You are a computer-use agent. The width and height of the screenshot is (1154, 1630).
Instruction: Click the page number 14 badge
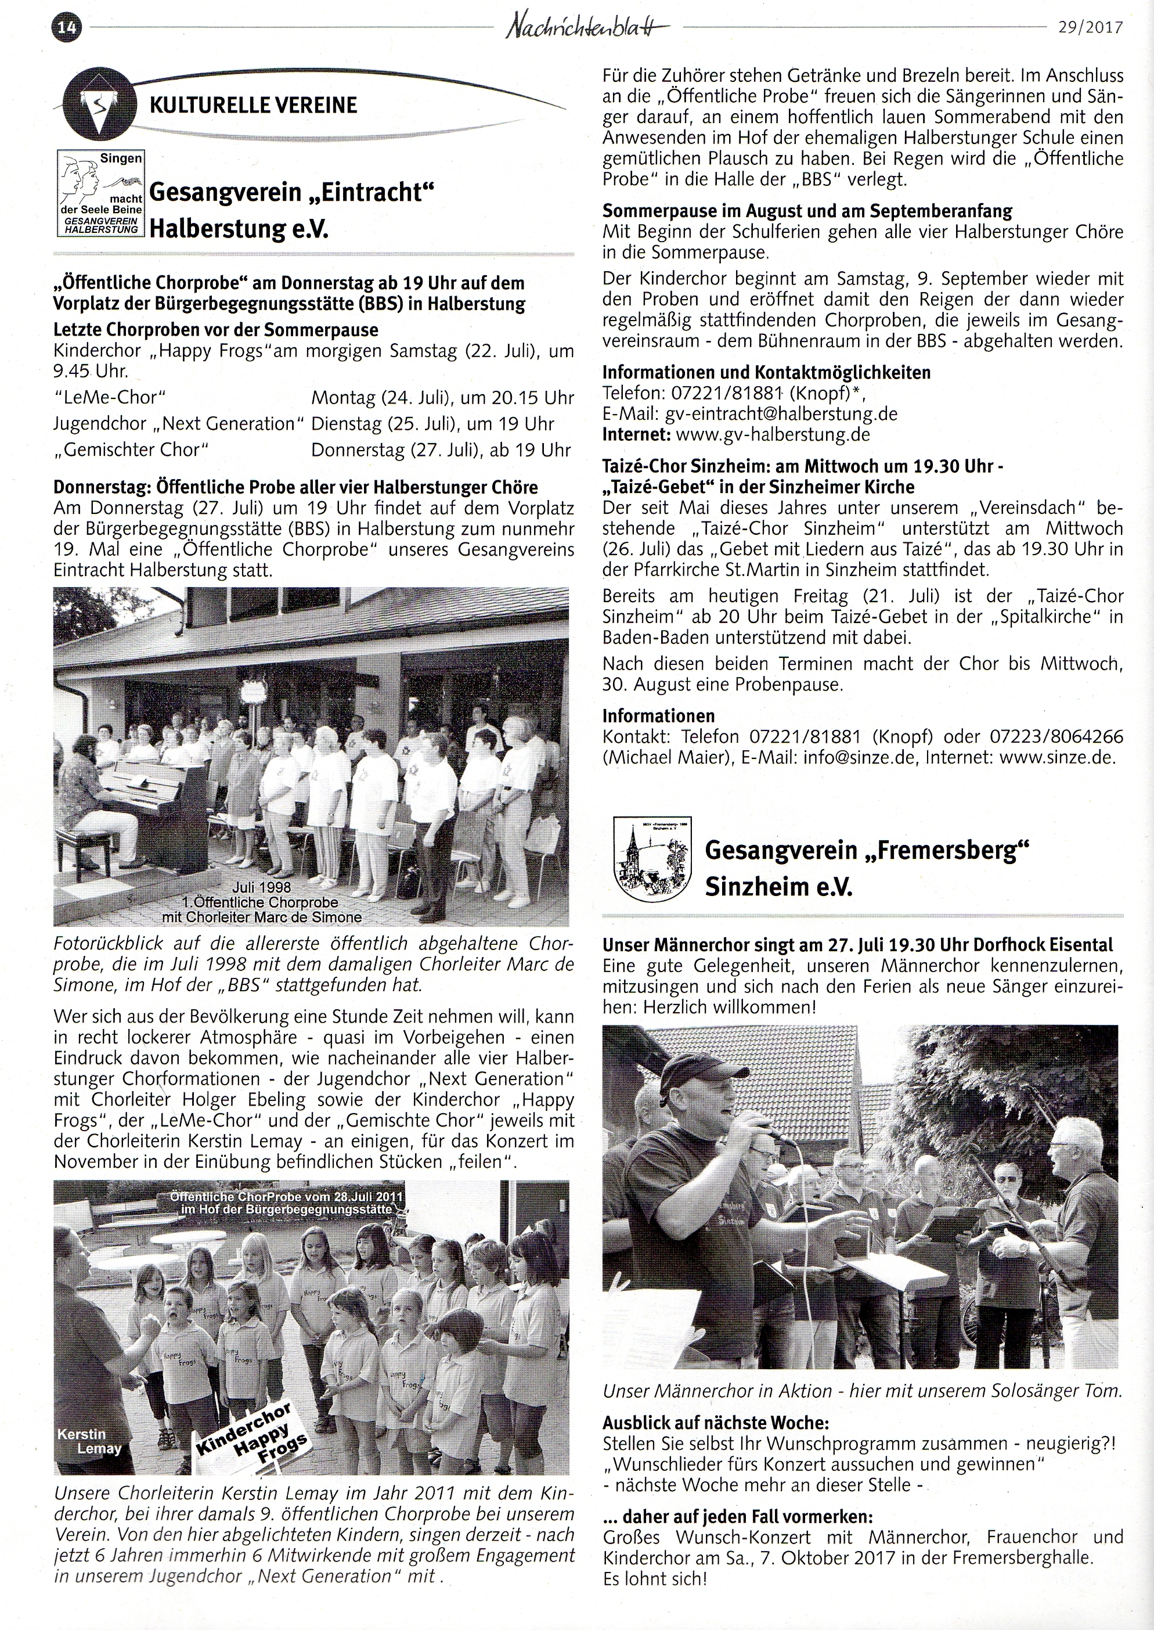[x=67, y=28]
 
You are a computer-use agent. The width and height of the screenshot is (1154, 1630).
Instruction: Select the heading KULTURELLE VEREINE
[x=253, y=106]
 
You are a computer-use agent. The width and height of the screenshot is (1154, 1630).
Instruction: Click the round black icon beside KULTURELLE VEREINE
[x=98, y=106]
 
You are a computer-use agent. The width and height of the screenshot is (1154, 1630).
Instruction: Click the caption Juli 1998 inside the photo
[x=261, y=887]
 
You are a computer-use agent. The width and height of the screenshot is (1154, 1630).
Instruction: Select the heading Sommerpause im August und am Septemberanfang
[x=807, y=211]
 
